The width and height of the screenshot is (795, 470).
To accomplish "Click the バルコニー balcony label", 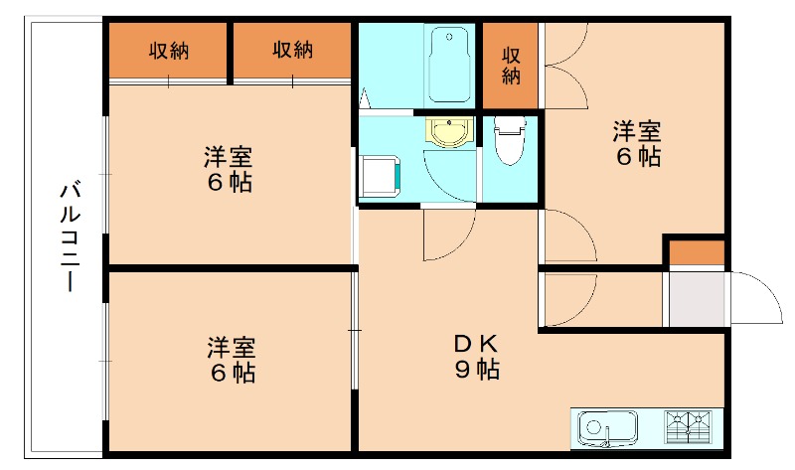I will (x=68, y=236).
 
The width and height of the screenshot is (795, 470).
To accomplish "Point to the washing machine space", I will (x=379, y=177).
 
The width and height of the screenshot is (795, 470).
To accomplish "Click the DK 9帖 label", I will (x=475, y=357).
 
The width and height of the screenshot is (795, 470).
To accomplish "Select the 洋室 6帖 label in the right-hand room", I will (x=637, y=143).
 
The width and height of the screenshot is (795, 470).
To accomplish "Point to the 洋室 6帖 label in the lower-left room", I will (x=231, y=360).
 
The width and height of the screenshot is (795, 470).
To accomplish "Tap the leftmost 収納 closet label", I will (x=169, y=51).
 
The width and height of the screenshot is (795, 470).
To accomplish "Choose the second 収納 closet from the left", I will (x=293, y=51).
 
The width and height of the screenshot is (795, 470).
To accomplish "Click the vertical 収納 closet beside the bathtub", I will (x=511, y=64).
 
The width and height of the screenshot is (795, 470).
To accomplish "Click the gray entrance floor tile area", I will (x=696, y=298).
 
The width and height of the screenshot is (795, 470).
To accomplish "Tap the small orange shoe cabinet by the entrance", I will (x=695, y=252).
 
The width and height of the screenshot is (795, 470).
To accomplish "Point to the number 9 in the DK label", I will (x=462, y=371).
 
